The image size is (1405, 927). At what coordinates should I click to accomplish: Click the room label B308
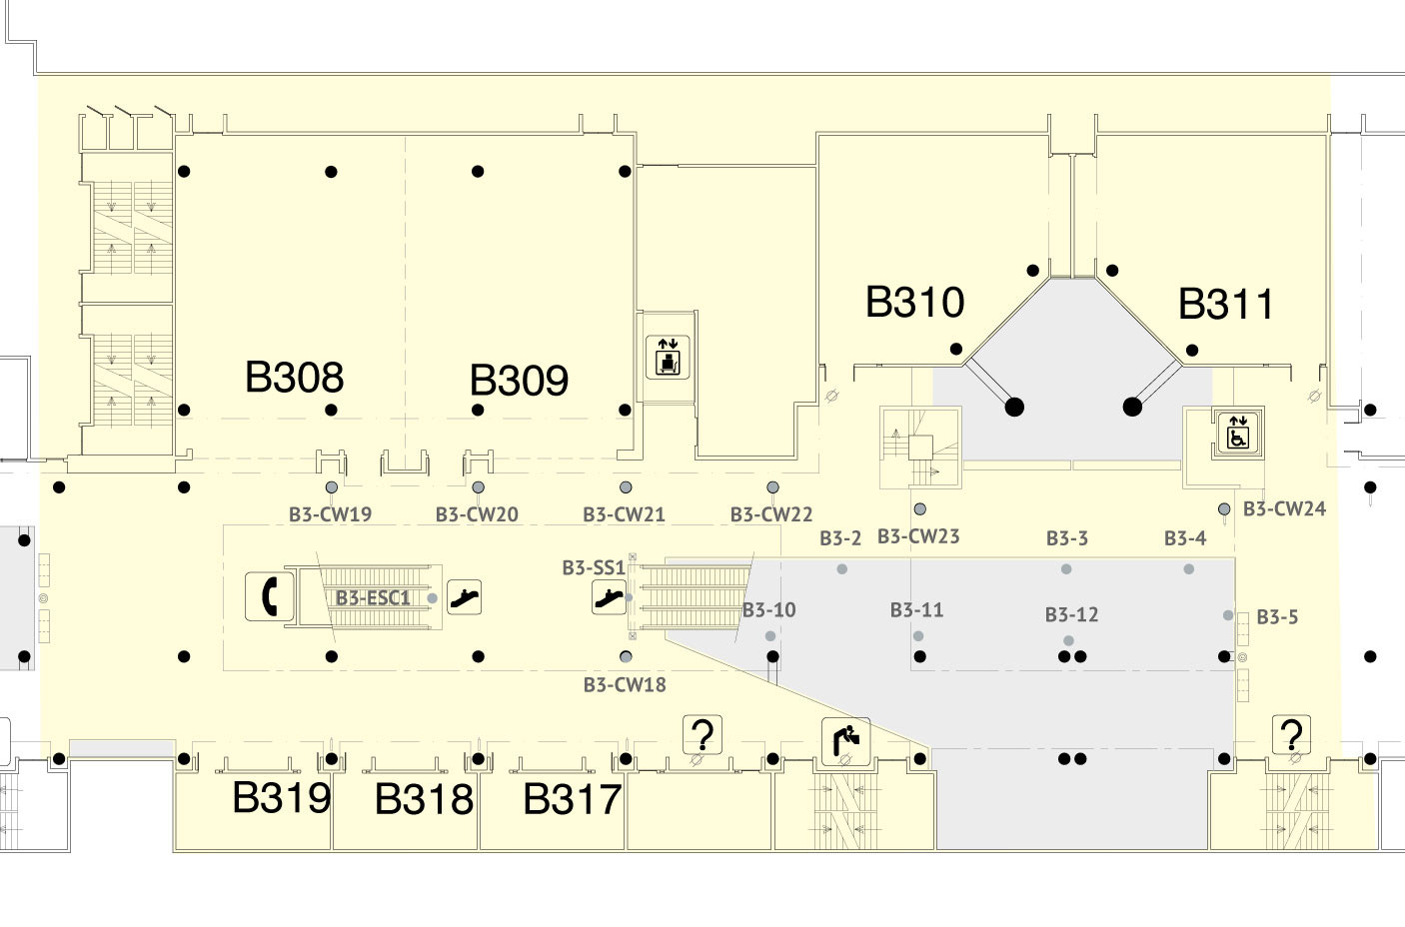pos(294,377)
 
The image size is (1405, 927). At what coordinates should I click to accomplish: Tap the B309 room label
pos(519,380)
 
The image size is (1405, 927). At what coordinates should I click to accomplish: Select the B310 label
pos(915,302)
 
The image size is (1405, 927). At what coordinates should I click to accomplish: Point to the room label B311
pos(1225,305)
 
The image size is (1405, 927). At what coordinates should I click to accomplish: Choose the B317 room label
pos(572,799)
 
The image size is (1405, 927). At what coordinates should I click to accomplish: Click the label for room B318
pos(424,799)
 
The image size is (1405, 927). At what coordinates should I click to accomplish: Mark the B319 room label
pos(282,797)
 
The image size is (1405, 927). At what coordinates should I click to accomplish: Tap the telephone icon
pos(269,596)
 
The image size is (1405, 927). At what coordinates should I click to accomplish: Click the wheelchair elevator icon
pos(1238,431)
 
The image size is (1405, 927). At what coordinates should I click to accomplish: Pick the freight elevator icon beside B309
pos(668,358)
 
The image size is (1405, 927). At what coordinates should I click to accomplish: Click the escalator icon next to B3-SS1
pos(609,597)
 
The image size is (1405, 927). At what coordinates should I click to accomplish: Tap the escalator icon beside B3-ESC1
pos(464,596)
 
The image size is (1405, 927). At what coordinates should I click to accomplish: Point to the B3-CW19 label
pos(330,514)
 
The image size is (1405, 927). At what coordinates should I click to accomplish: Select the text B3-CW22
pos(771,514)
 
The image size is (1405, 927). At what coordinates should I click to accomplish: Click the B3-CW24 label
pos(1284,508)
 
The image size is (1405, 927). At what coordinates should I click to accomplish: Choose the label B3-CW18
pos(625,685)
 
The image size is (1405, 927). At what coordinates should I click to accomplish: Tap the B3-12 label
pos(1072,614)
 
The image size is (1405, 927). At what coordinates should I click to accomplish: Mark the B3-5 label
pos(1278,617)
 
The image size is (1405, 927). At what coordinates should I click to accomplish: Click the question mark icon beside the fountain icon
pos(702,734)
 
